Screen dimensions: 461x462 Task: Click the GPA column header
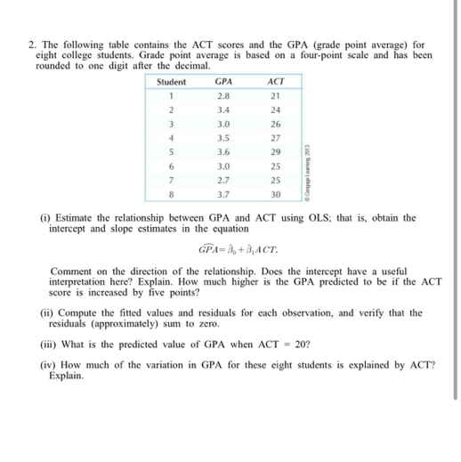click(223, 82)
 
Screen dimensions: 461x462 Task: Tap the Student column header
click(172, 82)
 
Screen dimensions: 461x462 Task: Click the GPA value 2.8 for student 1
click(223, 95)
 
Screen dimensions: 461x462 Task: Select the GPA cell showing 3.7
click(223, 193)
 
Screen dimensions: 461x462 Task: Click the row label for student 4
click(171, 137)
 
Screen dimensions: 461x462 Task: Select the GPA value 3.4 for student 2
click(223, 109)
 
